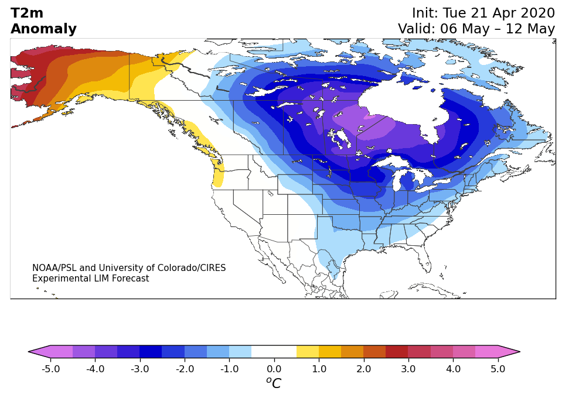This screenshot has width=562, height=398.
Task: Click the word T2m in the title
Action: pos(27,13)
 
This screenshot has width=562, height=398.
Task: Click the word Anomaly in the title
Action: pos(44,29)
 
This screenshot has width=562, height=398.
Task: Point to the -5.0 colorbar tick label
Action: pos(50,369)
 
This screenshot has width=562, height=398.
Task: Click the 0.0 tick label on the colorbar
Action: pos(274,369)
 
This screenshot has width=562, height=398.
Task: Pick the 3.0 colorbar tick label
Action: pos(408,369)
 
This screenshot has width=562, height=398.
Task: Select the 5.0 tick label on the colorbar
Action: pos(498,369)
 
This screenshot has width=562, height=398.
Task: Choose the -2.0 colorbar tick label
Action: pos(185,369)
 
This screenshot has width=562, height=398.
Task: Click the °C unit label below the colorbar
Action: pos(274,382)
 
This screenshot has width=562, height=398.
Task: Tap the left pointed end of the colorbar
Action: pos(29,352)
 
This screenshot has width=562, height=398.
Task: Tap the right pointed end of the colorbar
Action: pos(520,352)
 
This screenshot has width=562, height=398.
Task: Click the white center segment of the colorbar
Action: pos(274,352)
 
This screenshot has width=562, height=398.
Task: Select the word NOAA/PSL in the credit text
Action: pos(55,267)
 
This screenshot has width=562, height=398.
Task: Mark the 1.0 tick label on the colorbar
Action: pos(319,369)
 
